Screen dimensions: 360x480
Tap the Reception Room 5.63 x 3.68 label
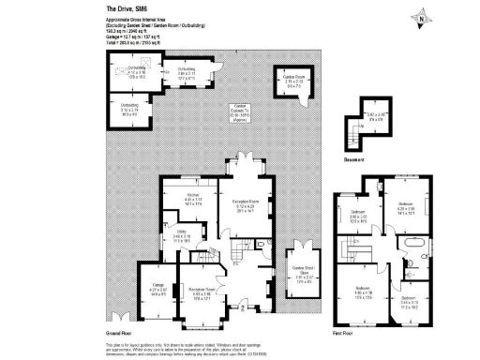pyautogui.click(x=200, y=292)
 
